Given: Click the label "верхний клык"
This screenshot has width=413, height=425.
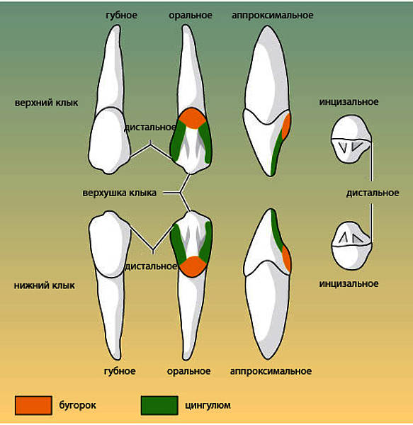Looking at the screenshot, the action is [46, 103].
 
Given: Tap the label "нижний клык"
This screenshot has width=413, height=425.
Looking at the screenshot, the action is [45, 285].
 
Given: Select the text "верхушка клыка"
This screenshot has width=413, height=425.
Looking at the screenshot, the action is [120, 193].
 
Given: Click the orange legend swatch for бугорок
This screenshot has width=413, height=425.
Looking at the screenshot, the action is [33, 405].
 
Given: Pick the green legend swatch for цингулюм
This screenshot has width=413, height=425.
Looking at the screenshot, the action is [159, 405].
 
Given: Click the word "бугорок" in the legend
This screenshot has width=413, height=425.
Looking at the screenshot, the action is [77, 405].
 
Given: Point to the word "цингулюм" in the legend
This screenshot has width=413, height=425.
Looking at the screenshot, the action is [208, 405].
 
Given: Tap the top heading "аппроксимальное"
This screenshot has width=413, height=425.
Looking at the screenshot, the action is [273, 15].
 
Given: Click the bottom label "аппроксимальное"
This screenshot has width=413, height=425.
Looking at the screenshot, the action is [271, 371].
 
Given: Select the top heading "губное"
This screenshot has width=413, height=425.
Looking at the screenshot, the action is [121, 15].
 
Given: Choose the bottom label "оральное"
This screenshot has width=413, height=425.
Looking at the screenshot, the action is [188, 371].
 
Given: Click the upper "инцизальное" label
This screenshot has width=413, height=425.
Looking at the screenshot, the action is [349, 102].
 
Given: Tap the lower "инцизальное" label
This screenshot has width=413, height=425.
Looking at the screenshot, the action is [349, 283].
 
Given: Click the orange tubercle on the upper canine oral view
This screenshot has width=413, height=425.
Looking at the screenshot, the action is [193, 118].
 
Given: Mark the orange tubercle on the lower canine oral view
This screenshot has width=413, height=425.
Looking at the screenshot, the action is [193, 266].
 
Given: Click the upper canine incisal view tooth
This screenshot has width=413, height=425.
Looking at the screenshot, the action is [351, 139].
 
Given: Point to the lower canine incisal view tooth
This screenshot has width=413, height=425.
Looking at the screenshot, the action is [352, 246].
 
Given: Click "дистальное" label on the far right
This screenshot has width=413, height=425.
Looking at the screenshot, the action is [373, 193].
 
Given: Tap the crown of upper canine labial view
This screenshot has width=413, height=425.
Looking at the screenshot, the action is [110, 141].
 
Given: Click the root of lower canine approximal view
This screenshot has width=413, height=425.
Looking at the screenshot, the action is [268, 312].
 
